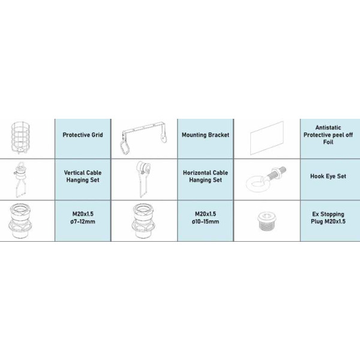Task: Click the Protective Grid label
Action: pos(83,135)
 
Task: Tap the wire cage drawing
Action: pos(20,138)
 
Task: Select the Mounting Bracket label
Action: pos(205,135)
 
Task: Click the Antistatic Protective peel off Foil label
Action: pos(328,135)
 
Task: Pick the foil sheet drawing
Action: pos(267,138)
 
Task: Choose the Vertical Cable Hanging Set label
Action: pos(83,176)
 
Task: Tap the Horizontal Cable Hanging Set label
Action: pos(205,176)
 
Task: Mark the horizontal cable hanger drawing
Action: pos(143,179)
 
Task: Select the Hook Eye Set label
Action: pos(328,176)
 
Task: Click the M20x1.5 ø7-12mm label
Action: pos(83,218)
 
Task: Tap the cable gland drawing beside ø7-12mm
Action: pos(20,221)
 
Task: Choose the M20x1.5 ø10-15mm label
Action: pos(205,218)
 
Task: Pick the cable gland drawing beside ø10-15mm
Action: pos(143,221)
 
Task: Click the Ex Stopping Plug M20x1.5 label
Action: pos(328,218)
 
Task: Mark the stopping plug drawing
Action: pos(267,221)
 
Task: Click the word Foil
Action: pos(328,142)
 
